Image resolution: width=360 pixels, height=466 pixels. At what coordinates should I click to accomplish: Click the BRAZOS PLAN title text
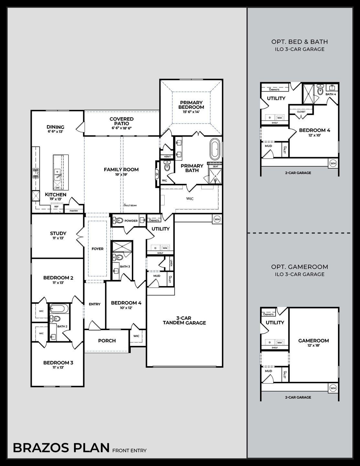(61, 448)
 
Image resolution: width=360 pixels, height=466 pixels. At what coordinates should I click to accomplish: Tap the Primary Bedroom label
(192, 105)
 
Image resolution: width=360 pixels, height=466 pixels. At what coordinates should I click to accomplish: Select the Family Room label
(121, 169)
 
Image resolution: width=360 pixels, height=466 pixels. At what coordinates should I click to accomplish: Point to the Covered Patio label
(122, 121)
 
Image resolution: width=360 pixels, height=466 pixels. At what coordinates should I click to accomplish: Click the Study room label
(58, 233)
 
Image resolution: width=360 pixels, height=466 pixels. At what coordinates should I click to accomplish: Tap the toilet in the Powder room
(118, 221)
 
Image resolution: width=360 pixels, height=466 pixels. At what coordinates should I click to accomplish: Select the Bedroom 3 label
(58, 363)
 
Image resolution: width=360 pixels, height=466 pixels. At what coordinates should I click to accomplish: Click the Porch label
(107, 340)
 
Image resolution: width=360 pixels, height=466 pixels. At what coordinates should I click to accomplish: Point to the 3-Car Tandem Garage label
(184, 320)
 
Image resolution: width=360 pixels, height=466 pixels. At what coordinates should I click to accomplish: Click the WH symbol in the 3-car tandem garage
(217, 219)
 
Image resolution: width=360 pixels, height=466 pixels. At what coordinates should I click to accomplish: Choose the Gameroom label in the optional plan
(313, 340)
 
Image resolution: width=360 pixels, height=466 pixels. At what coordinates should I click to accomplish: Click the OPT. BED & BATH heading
(300, 42)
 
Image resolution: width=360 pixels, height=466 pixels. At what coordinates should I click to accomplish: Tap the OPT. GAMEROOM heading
(300, 267)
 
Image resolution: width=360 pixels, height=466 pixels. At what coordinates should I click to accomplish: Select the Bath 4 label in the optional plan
(331, 94)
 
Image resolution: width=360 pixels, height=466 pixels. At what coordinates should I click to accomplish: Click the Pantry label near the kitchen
(73, 211)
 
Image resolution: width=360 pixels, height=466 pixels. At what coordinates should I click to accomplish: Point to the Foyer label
(98, 249)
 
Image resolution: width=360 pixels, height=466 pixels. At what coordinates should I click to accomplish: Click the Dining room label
(56, 127)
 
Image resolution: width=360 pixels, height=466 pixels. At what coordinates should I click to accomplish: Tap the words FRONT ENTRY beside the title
(129, 450)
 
